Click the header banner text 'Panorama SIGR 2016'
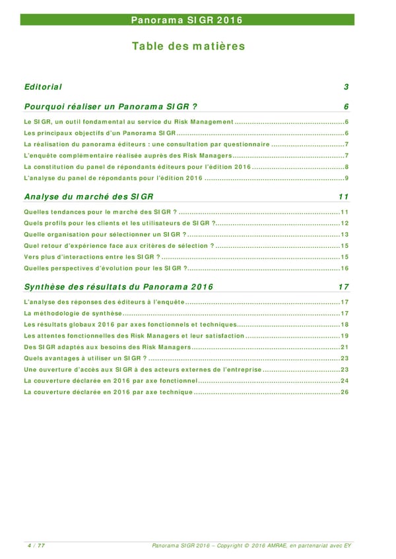[187, 20]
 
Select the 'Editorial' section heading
[43, 87]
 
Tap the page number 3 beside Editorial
[346, 87]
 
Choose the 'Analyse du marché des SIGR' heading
[88, 196]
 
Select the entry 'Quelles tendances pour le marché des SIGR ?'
[100, 212]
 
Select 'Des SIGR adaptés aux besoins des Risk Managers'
[106, 347]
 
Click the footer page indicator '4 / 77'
[36, 544]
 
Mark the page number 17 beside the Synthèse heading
[343, 287]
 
